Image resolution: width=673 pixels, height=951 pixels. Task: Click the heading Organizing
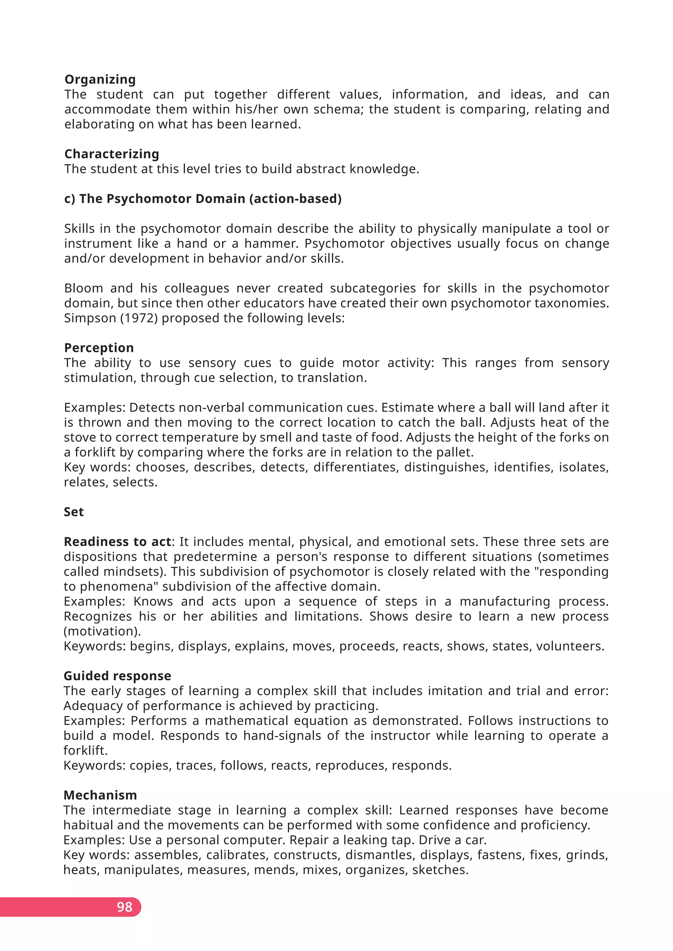pyautogui.click(x=100, y=79)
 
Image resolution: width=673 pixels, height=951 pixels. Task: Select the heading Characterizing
pyautogui.click(x=111, y=154)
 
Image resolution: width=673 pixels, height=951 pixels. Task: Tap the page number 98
pyautogui.click(x=124, y=907)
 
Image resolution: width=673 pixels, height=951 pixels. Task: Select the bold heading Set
pyautogui.click(x=74, y=512)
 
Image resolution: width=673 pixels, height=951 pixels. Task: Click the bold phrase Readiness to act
pyautogui.click(x=117, y=542)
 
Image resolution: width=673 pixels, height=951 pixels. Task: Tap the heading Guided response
pyautogui.click(x=117, y=676)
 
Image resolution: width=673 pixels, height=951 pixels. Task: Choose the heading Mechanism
pyautogui.click(x=100, y=795)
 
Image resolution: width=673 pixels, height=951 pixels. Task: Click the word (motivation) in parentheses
pyautogui.click(x=102, y=631)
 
